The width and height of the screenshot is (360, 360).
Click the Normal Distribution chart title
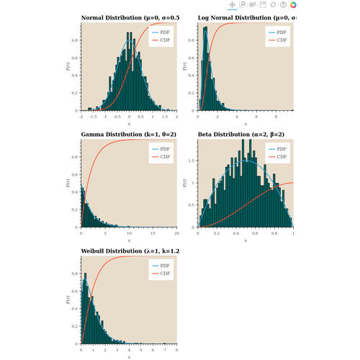[x=130, y=17]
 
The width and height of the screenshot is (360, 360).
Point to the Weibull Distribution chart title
[x=130, y=251]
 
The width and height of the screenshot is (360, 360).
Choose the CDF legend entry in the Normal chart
[x=165, y=40]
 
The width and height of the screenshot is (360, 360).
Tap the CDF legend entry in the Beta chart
[x=282, y=156]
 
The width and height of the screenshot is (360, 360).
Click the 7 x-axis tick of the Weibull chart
[x=165, y=349]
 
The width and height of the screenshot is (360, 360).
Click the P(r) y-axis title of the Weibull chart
[x=67, y=300]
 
